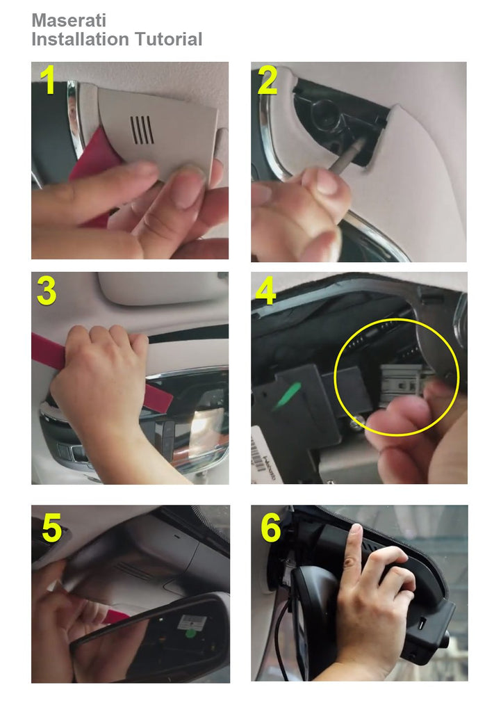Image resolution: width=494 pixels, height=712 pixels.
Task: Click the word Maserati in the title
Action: [x=69, y=20]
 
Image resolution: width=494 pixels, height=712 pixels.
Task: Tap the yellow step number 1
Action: [x=47, y=80]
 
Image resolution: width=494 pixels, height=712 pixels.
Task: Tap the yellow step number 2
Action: [x=267, y=80]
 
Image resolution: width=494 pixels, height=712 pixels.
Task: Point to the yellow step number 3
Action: [x=47, y=291]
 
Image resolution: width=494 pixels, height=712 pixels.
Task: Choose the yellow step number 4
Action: [x=266, y=291]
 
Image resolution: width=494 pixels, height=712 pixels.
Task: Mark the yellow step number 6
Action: [x=271, y=528]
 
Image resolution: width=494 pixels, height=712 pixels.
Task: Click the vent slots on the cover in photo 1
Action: [x=142, y=130]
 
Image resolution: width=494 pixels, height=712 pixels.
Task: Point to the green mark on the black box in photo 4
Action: [x=287, y=396]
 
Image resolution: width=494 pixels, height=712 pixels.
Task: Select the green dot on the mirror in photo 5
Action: [x=190, y=631]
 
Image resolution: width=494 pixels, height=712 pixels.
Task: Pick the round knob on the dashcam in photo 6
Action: [x=446, y=640]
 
